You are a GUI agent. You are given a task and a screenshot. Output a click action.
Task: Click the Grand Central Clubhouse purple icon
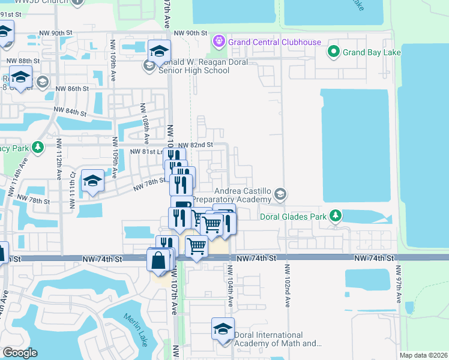(217, 42)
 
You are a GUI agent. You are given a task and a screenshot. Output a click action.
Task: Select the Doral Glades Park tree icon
(337, 215)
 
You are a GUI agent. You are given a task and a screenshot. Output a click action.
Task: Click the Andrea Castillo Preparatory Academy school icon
(280, 194)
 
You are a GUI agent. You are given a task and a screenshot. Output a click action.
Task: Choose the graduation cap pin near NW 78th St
(92, 181)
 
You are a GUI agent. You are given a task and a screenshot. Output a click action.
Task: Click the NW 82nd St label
(193, 145)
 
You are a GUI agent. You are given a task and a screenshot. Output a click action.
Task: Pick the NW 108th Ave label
(144, 123)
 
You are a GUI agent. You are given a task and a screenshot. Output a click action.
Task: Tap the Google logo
(20, 353)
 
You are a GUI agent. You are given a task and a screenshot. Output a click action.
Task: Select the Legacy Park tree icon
(37, 147)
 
